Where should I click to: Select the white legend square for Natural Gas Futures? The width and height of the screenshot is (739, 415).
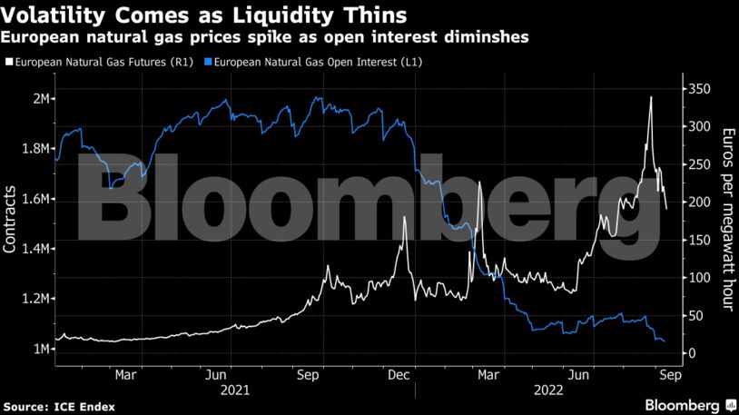[10, 62]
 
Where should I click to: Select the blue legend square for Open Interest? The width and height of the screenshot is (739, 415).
[209, 62]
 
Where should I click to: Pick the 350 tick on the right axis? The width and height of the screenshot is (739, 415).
[698, 89]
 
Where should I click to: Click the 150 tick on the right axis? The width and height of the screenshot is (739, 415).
[698, 240]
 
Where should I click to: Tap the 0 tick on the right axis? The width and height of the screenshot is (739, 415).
[692, 353]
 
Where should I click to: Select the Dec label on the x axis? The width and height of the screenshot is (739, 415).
[396, 373]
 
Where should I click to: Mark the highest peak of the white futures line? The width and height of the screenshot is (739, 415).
[651, 97]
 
